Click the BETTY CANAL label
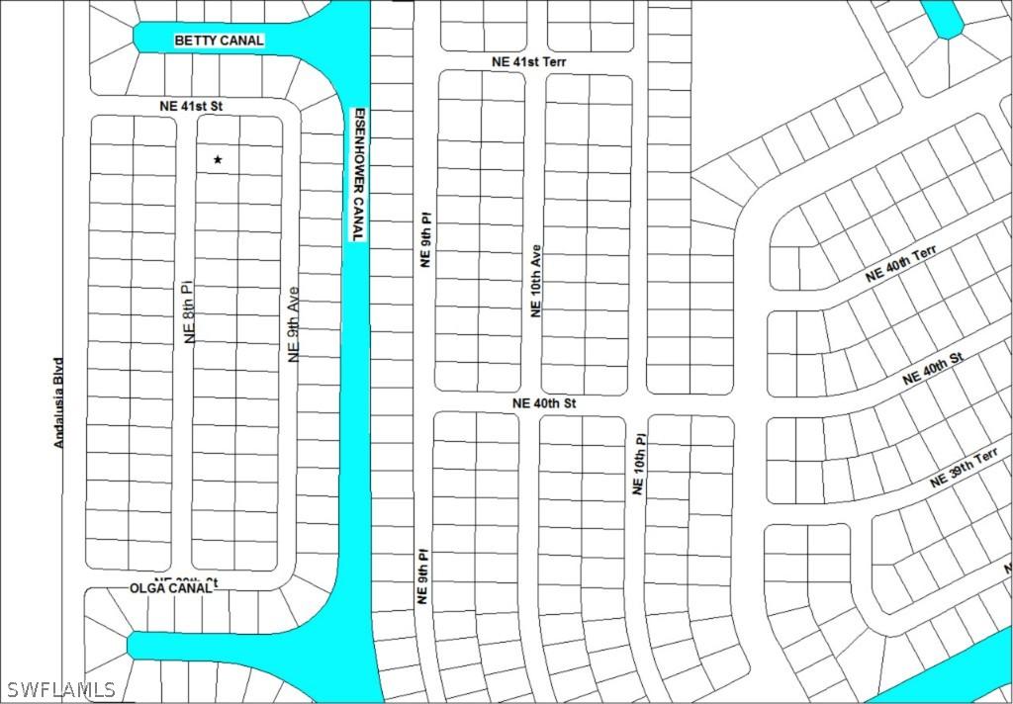coord(219,41)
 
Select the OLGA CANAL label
coord(171,587)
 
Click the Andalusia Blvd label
coord(58,402)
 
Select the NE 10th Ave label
coord(535,281)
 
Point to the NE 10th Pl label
coord(638,465)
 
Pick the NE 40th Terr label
coord(900,266)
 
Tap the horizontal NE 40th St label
coord(543,403)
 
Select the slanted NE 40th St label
coord(932,369)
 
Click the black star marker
coord(218,159)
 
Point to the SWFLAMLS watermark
coord(60,689)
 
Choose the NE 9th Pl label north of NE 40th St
coord(425,240)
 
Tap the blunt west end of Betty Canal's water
coord(138,38)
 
